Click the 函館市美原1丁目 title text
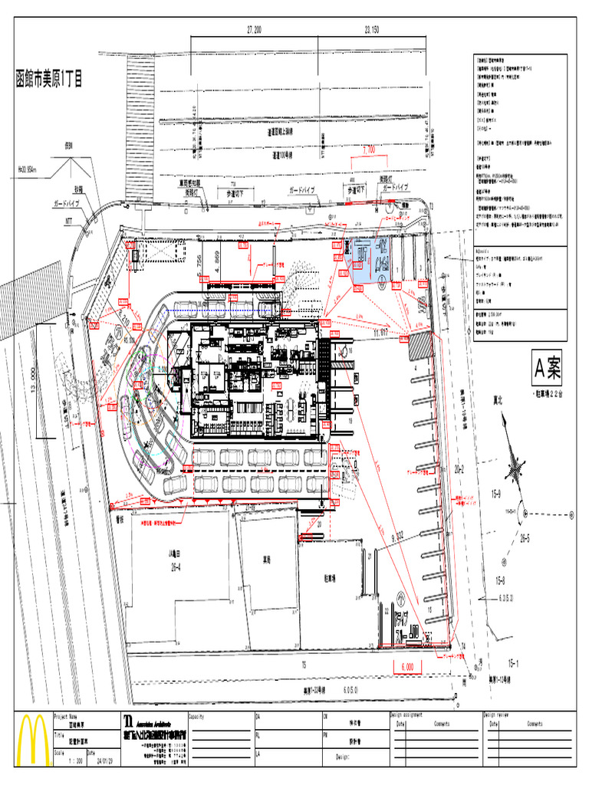coord(49,78)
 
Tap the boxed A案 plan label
coord(548,370)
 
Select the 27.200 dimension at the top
coord(253,29)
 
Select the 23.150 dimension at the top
coord(371,29)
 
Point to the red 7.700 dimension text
coord(368,150)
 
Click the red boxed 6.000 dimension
coord(406,667)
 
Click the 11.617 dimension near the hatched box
coord(381,333)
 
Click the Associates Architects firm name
coord(162,723)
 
